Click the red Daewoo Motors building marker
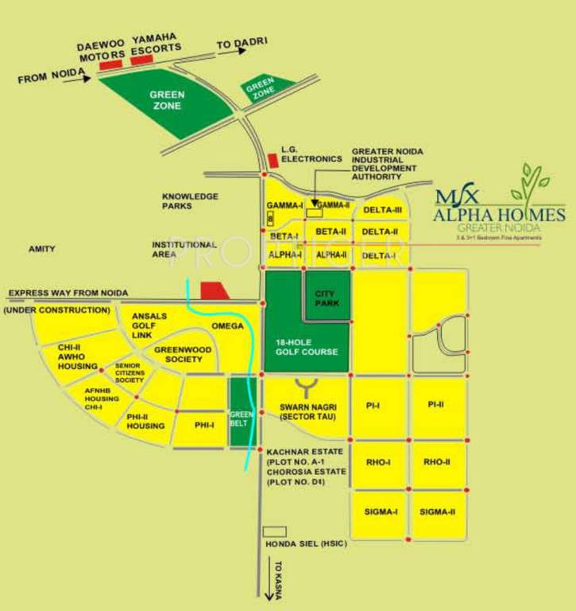[110, 64]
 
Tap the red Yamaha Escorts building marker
[142, 60]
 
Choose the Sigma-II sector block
[438, 512]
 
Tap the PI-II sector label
[435, 405]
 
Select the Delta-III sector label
[382, 210]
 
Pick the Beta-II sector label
[331, 232]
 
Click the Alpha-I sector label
[284, 255]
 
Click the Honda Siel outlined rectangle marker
[274, 531]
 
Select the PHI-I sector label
[204, 425]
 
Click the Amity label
[42, 249]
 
